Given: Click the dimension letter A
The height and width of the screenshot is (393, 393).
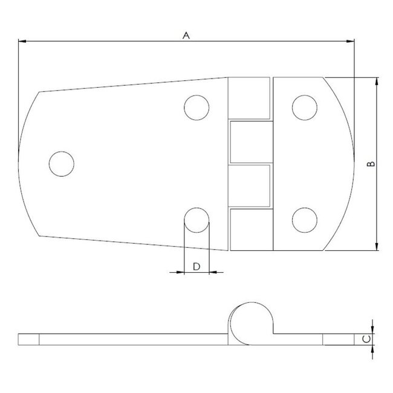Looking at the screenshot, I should coord(187,36).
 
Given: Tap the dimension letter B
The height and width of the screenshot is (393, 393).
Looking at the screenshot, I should coord(371,164).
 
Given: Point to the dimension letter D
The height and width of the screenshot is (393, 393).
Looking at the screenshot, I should coord(196,267).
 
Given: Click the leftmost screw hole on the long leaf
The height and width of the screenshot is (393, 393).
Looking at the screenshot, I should coord(61,163).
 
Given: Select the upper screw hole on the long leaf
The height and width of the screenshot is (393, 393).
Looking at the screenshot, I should coord(197,108).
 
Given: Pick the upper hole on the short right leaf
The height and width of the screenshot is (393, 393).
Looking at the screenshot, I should coord(305,107).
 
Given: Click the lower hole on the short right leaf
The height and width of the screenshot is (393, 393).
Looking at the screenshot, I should coord(305,220).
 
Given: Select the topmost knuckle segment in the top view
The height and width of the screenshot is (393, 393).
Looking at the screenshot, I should coord(249,97).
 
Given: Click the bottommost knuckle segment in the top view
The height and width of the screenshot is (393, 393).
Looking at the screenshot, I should coord(249,230).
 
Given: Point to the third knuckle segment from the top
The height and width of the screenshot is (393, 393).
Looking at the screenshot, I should coord(249,186).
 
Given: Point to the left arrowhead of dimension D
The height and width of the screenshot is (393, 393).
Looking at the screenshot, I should coord(179,273).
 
